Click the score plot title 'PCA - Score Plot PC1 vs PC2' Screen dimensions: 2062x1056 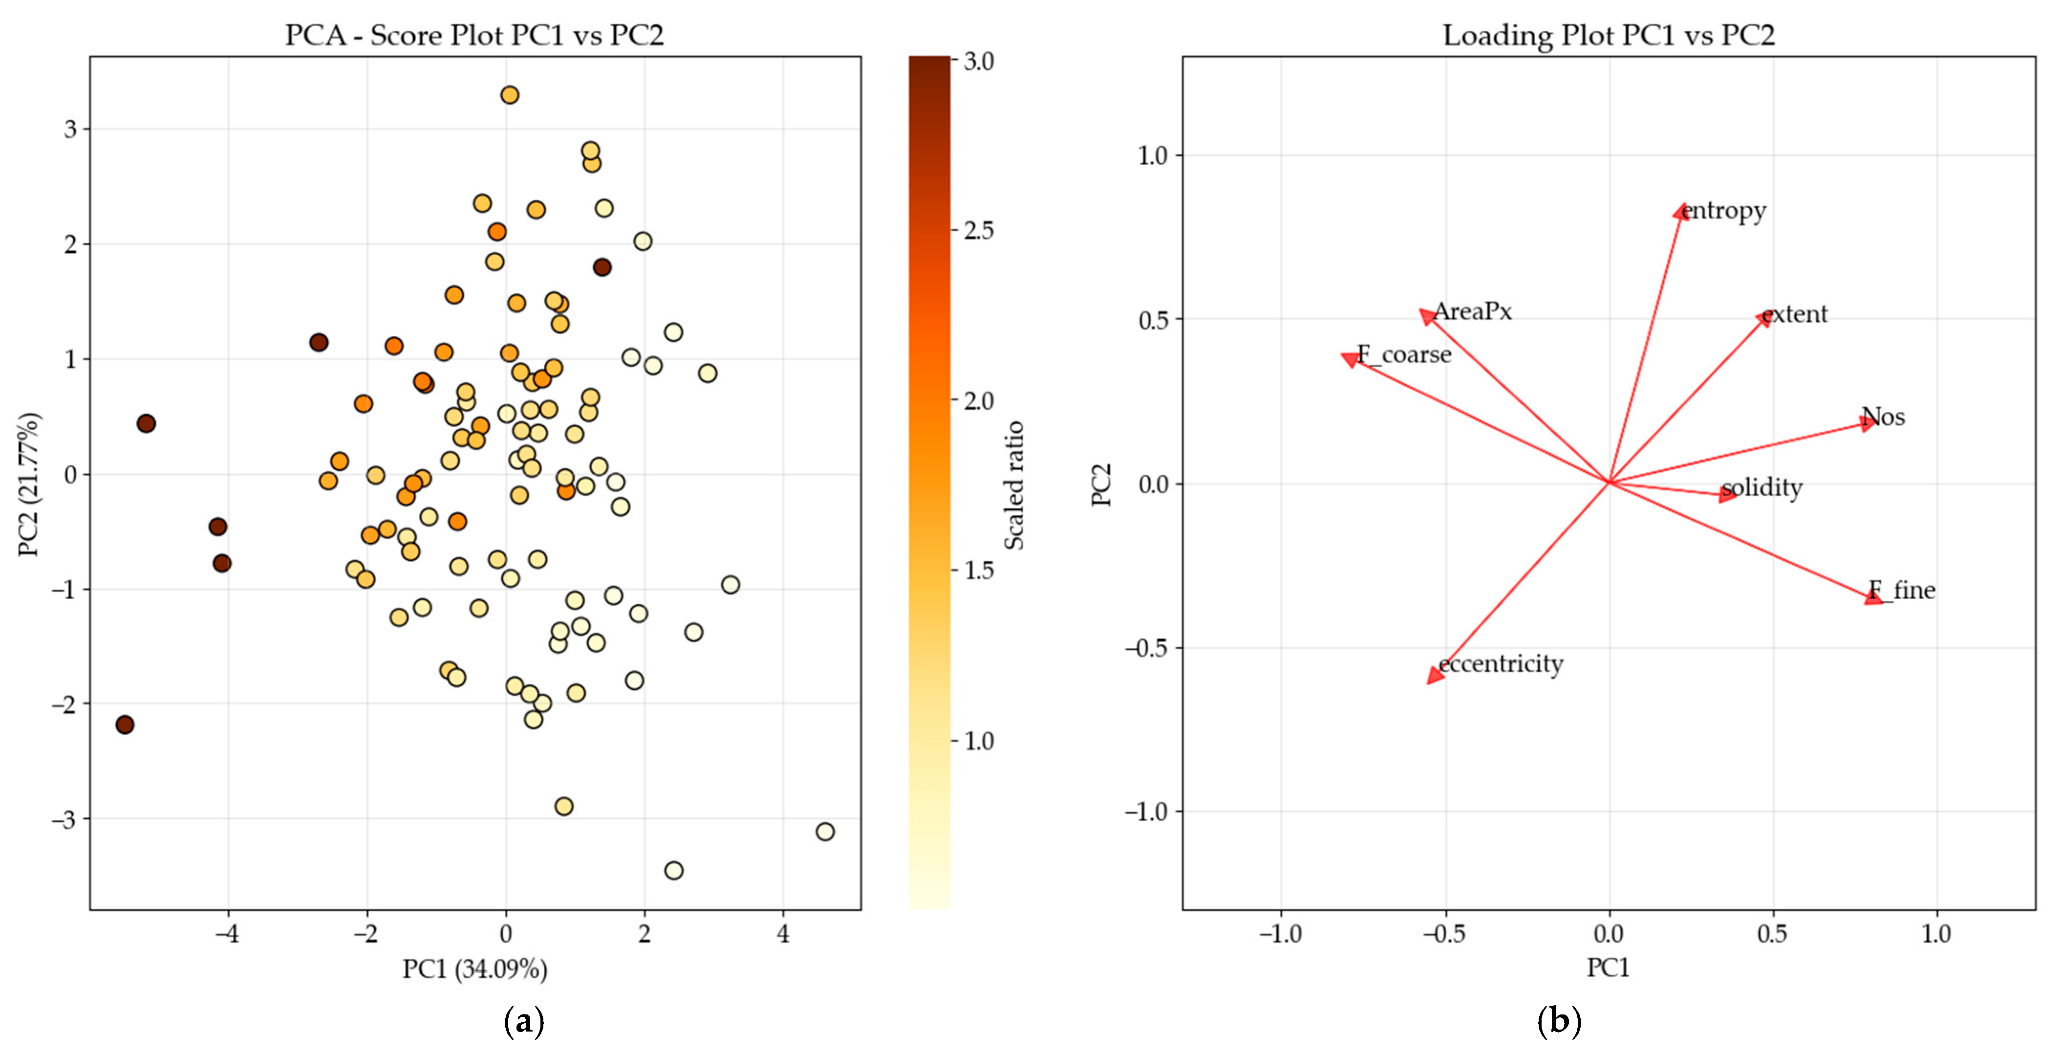pyautogui.click(x=474, y=35)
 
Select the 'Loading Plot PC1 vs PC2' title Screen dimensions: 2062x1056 pyautogui.click(x=1608, y=35)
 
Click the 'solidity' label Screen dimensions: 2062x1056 pyautogui.click(x=1761, y=487)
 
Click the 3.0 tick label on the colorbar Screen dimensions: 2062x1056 pyautogui.click(x=978, y=62)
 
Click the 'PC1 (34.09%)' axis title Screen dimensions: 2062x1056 pyautogui.click(x=474, y=969)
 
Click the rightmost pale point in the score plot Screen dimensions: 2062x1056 pyautogui.click(x=824, y=832)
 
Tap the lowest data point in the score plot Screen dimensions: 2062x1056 pyautogui.click(x=673, y=870)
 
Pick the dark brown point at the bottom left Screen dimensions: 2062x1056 pyautogui.click(x=125, y=725)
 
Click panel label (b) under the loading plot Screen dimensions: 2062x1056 pyautogui.click(x=1559, y=1022)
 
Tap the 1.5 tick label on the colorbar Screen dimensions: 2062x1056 pyautogui.click(x=978, y=571)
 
